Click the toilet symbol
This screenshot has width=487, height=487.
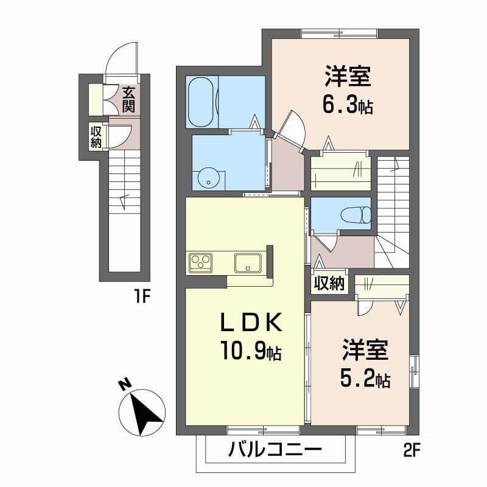[356, 215]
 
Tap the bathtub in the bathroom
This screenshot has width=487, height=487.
[201, 102]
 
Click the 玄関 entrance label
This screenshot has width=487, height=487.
[128, 99]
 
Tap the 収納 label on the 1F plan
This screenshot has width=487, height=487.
[96, 137]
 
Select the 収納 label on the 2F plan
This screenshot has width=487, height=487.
[329, 283]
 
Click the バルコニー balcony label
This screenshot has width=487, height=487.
[275, 449]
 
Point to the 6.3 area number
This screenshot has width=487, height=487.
[341, 106]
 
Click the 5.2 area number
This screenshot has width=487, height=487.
[358, 379]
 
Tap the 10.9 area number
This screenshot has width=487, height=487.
[243, 351]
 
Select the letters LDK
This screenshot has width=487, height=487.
[251, 323]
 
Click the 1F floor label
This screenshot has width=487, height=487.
[142, 297]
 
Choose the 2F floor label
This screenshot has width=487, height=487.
[412, 450]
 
